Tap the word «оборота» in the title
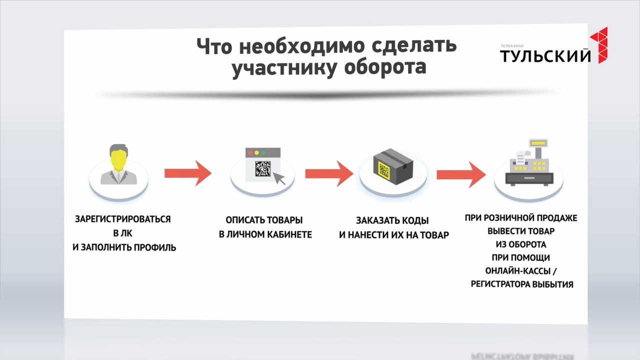(385, 67)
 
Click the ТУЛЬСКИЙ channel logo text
(545, 56)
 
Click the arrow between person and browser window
(187, 173)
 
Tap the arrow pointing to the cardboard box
(329, 173)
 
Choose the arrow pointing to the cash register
(461, 174)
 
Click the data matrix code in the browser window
(263, 168)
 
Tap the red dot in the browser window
(250, 153)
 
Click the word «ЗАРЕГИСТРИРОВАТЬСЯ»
(123, 219)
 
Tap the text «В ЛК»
(123, 233)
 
